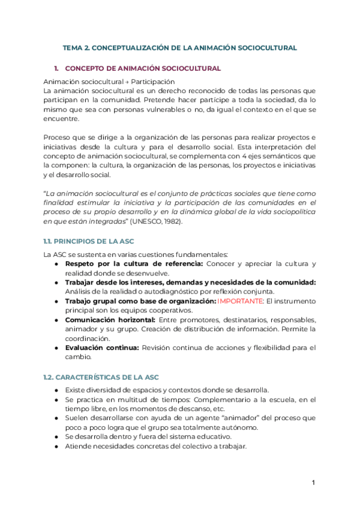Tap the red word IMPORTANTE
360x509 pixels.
(241, 301)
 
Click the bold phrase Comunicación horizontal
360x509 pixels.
(102, 320)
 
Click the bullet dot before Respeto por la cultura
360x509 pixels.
(56, 264)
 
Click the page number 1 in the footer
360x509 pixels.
(314, 483)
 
